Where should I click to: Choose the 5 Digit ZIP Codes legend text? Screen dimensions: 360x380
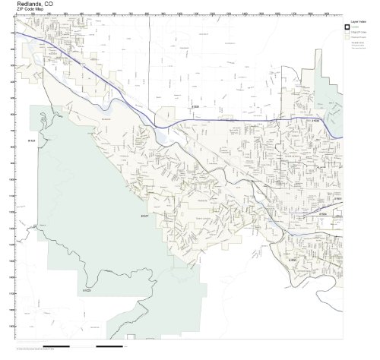point(357,34)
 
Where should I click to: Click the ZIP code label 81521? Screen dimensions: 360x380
point(33,141)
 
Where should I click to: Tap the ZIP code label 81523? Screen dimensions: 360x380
point(87,290)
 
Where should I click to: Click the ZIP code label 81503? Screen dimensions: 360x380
point(292,260)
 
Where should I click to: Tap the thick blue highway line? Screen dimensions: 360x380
point(228,119)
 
